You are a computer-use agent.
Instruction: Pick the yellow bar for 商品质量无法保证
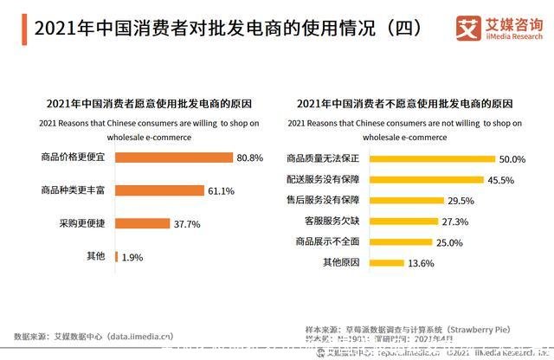point(434,159)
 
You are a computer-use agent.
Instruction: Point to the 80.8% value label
point(250,157)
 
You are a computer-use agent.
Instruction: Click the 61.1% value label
point(221,190)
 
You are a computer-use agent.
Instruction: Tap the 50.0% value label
point(512,159)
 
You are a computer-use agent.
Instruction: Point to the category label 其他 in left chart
point(95,256)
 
